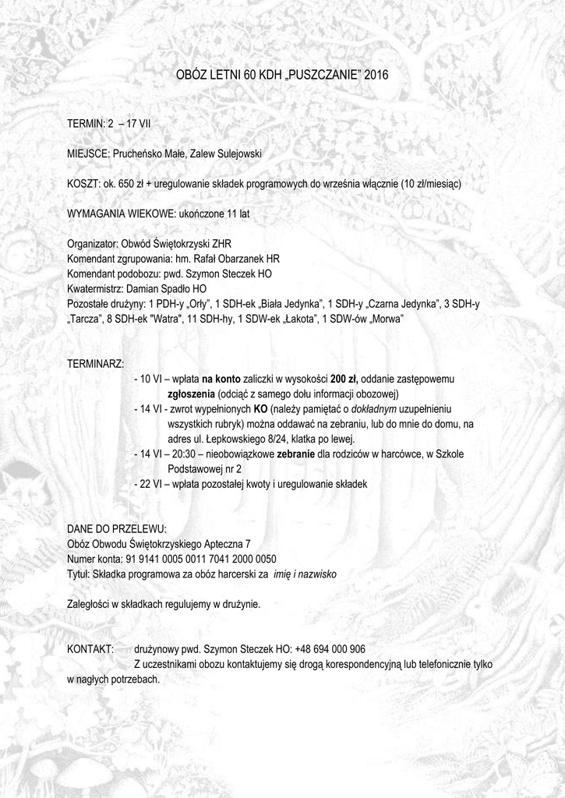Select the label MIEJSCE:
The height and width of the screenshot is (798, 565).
88,154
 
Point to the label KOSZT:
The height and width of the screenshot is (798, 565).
84,184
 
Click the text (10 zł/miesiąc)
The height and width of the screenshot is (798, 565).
431,184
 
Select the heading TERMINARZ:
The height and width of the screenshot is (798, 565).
95,363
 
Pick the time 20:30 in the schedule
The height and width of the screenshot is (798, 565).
189,454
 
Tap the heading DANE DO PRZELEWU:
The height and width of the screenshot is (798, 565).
117,528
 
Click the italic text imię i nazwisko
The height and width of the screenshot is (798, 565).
305,574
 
